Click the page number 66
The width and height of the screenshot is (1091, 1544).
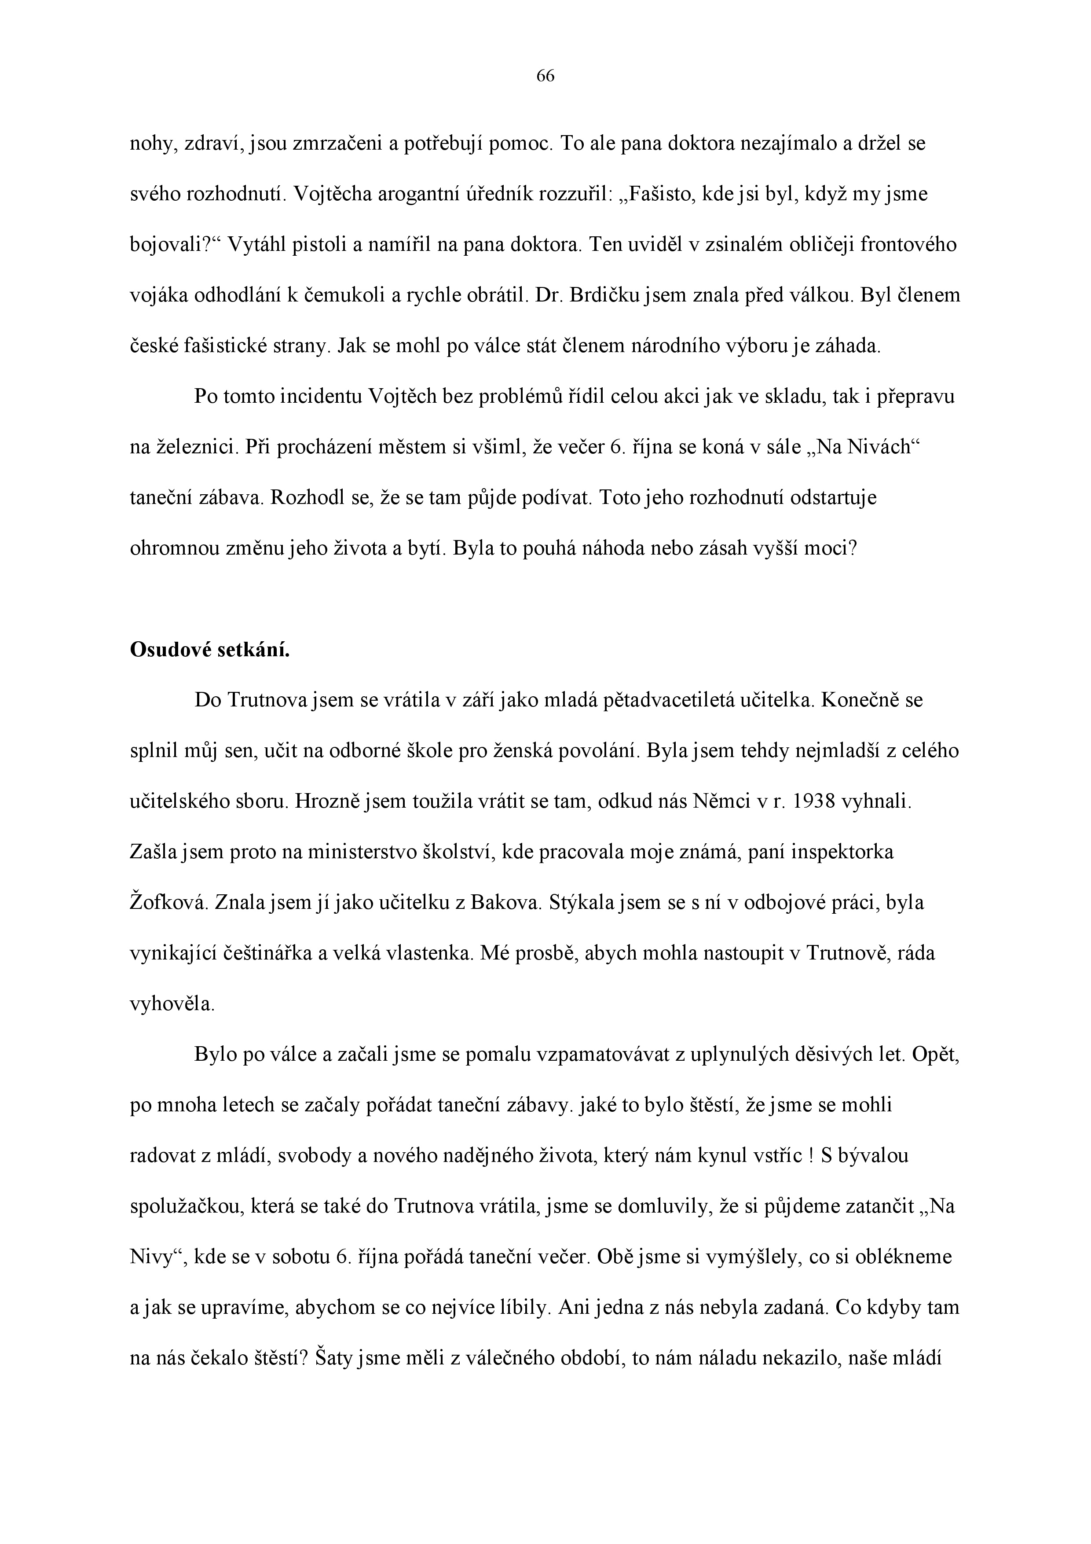click(x=545, y=77)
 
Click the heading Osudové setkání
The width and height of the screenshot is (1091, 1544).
click(x=209, y=650)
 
